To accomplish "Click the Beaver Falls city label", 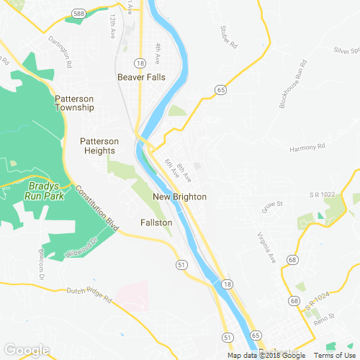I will [142, 76].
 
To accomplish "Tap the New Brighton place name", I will [179, 197].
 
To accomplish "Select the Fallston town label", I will [156, 223].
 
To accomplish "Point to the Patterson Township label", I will [74, 103].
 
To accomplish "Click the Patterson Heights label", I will [99, 146].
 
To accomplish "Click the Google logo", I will [26, 350].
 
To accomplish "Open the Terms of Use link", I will [334, 355].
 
